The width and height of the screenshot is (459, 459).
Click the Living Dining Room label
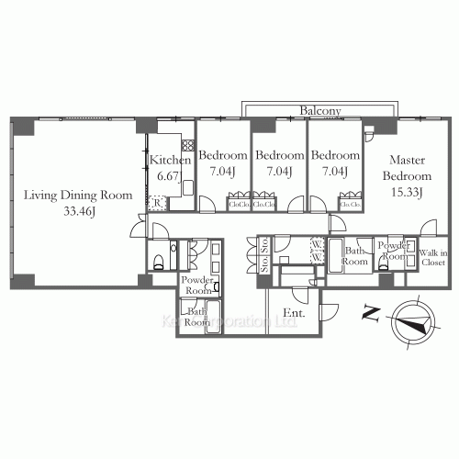[x=78, y=196]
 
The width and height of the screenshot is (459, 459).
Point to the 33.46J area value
[x=78, y=211]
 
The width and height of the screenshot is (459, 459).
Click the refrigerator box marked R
[x=158, y=203]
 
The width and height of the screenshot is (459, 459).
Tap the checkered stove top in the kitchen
[x=188, y=144]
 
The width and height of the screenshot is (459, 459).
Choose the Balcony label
[x=320, y=111]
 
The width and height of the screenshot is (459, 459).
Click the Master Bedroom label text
[x=407, y=166]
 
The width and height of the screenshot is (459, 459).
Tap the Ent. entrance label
[x=294, y=315]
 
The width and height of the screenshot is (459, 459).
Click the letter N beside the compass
[x=371, y=315]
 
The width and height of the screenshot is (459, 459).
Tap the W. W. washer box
[x=315, y=250]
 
